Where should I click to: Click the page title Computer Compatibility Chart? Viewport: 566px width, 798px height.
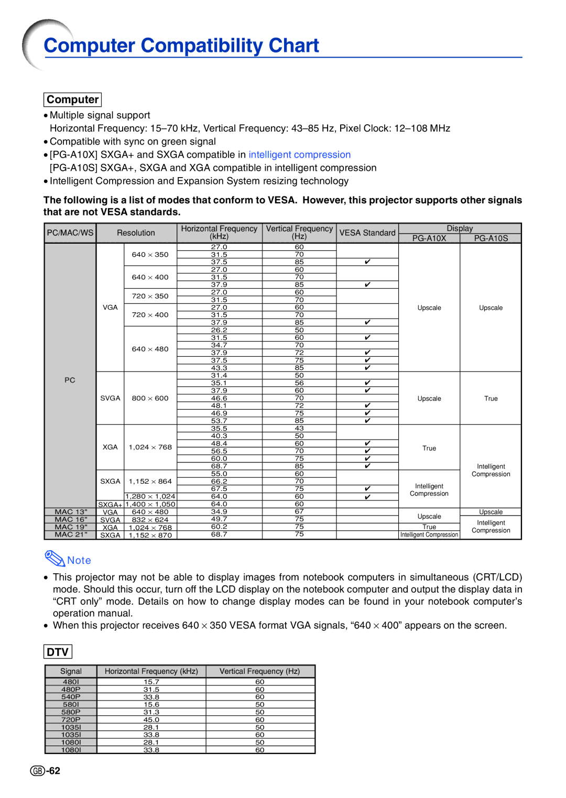(181, 46)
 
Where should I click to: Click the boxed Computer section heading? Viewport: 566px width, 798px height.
(72, 100)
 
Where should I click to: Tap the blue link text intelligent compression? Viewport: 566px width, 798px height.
(299, 155)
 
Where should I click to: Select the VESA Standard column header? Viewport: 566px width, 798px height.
(367, 233)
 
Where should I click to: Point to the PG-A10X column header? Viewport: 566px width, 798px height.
(429, 238)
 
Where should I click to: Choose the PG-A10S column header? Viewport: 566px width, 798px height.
(491, 238)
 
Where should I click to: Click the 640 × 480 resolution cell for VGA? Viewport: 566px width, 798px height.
(150, 349)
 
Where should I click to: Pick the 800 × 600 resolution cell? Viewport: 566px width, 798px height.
(150, 398)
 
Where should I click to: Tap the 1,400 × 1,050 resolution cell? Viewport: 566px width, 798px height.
(150, 504)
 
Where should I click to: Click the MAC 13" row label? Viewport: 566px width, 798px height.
(71, 512)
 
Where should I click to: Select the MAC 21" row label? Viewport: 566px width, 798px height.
(71, 534)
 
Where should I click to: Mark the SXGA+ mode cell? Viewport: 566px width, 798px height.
(110, 505)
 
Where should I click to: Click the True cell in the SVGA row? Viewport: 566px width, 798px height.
(491, 398)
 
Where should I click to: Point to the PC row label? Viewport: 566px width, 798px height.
(70, 380)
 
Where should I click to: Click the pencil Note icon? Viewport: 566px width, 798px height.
(55, 559)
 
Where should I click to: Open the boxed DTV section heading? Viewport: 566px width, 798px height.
(58, 652)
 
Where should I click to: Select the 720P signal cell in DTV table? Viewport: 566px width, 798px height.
(71, 720)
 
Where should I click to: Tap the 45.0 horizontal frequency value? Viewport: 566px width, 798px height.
(151, 720)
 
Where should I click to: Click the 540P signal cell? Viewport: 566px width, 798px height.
(71, 697)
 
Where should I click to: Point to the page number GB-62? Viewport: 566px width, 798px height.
(46, 771)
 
